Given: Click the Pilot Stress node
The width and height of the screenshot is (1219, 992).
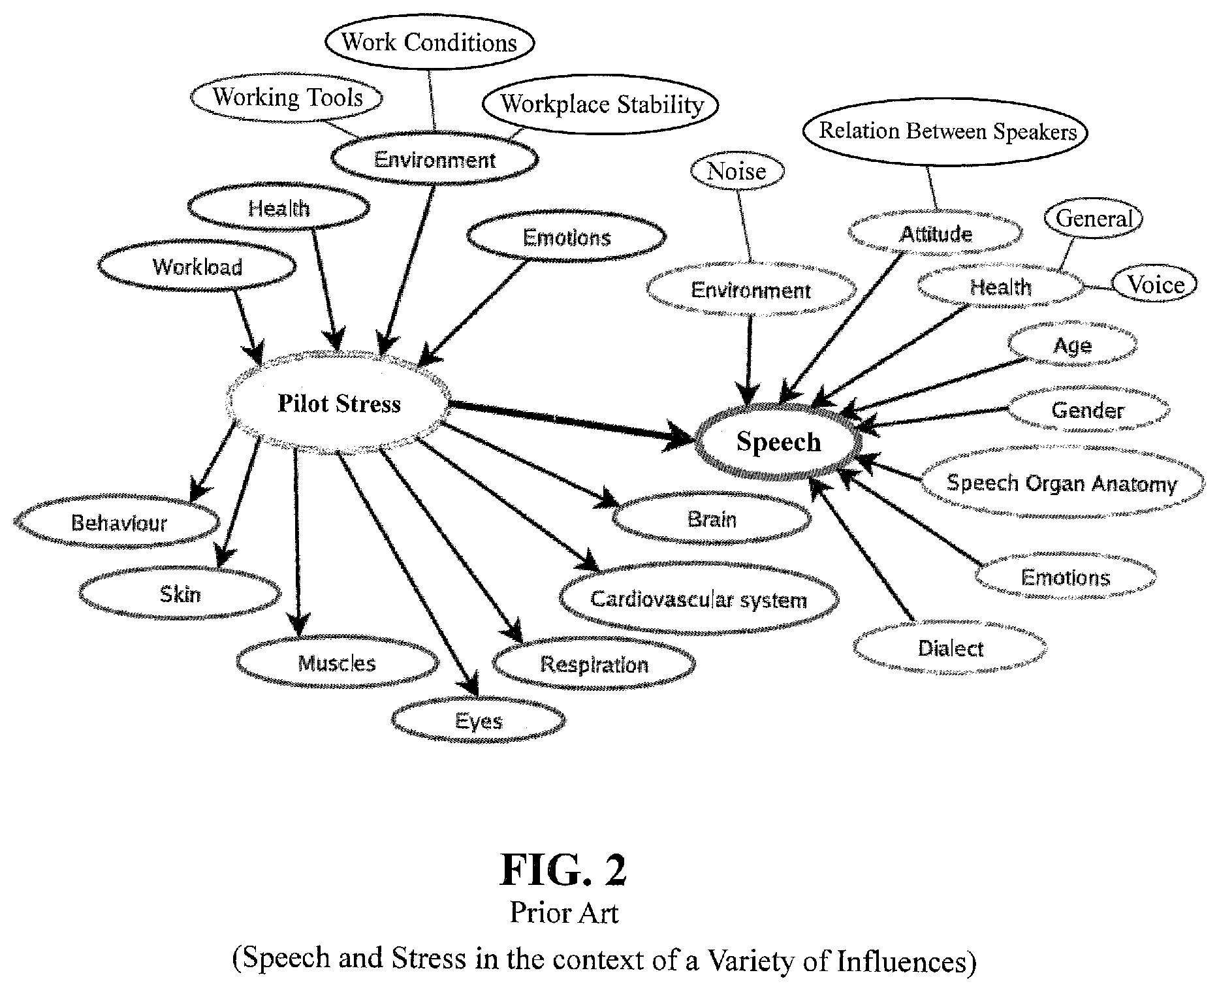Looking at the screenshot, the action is point(338,403).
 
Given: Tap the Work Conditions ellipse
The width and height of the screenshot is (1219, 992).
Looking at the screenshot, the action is point(429,42).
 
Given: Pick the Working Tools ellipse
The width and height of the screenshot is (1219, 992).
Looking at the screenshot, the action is point(287,97).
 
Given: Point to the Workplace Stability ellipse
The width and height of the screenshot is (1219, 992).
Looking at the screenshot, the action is point(601,104).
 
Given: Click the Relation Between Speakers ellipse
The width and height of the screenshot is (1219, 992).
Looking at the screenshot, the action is point(945,131).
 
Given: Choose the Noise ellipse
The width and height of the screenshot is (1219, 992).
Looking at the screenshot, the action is point(736,171).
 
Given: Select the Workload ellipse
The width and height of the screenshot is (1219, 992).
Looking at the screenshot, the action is point(197,266).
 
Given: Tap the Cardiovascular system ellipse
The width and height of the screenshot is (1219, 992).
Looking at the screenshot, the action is point(699,600).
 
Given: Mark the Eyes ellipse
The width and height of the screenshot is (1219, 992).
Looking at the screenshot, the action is point(479,721).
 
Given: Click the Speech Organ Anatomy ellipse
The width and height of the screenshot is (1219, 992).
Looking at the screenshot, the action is point(1062,483).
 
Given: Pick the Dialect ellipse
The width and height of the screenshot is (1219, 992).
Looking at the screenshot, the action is point(950,648).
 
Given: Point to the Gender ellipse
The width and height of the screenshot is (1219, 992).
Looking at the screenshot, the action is point(1088,410).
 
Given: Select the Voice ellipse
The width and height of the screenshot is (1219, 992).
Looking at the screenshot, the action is point(1155,285).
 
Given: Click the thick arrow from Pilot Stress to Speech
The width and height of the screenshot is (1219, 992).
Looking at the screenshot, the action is point(574,423).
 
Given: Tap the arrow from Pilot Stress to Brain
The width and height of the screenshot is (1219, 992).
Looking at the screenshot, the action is point(530,464).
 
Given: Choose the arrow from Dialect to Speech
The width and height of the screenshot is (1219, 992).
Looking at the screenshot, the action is point(861,548).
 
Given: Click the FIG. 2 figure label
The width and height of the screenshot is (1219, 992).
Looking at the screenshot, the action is point(563,870).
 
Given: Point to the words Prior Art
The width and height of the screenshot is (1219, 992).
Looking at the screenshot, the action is point(564,912).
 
